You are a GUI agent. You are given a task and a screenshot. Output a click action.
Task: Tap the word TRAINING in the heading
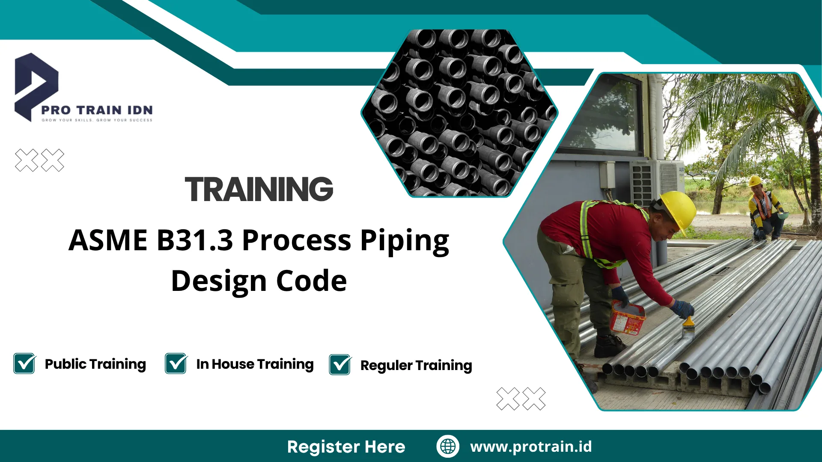click(x=259, y=189)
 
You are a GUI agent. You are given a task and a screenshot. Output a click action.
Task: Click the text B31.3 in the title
click(x=195, y=240)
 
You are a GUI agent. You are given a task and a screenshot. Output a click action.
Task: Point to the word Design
click(x=219, y=281)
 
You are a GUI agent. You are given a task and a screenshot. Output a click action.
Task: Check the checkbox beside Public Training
click(x=24, y=364)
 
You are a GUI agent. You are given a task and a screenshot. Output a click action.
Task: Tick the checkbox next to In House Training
click(x=176, y=364)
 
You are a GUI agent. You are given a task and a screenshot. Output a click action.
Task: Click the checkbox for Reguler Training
click(x=340, y=365)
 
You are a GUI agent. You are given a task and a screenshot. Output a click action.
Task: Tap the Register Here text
click(x=346, y=447)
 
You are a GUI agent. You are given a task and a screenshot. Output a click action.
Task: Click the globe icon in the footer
click(x=448, y=446)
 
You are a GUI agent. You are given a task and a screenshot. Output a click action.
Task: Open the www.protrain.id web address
click(x=531, y=447)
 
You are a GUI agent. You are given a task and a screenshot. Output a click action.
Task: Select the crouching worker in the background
click(x=765, y=207)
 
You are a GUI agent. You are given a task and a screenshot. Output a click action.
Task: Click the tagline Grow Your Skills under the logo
click(x=97, y=120)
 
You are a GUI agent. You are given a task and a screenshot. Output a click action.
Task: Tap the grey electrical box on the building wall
click(x=607, y=175)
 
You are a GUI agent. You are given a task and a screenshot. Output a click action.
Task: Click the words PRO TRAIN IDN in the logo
click(x=97, y=110)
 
